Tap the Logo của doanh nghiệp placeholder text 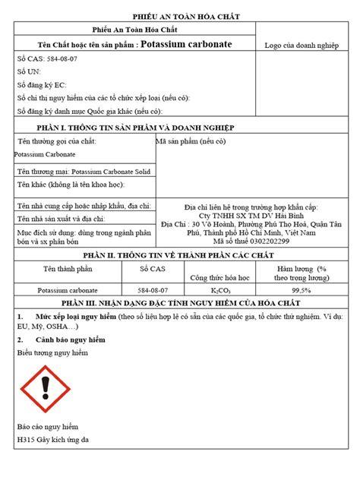(301, 46)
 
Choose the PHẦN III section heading (180, 303)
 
